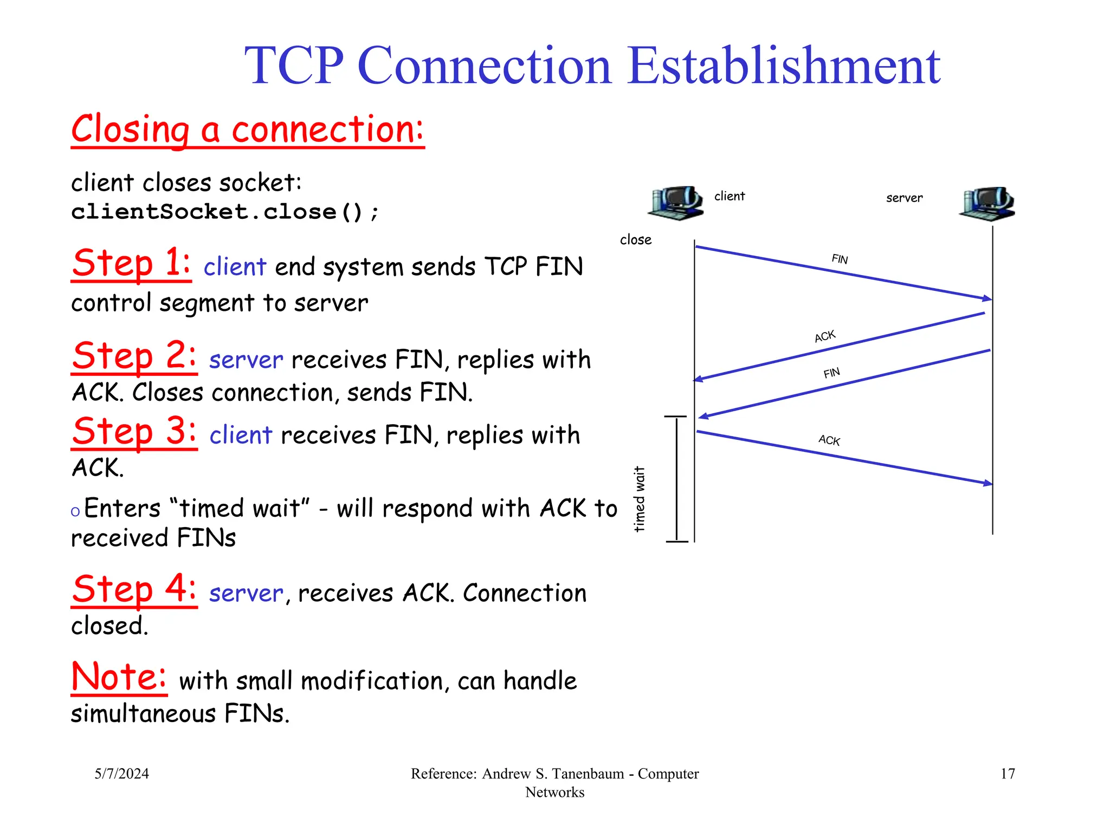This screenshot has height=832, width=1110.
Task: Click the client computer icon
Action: click(x=676, y=203)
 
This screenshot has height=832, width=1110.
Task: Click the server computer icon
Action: click(x=987, y=204)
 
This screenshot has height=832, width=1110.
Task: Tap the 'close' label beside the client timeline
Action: click(x=635, y=239)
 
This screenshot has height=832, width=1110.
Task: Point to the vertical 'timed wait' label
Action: click(x=640, y=499)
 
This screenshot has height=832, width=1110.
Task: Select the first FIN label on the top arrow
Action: click(x=840, y=259)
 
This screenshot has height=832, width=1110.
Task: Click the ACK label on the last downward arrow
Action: click(x=829, y=440)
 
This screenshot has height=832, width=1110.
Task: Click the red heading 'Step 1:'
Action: click(x=131, y=263)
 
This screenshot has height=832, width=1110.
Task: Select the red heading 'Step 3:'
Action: click(x=134, y=432)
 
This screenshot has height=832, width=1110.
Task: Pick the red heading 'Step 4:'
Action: click(x=134, y=589)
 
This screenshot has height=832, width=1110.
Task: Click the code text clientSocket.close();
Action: click(x=224, y=212)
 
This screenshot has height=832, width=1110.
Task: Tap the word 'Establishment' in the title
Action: click(x=784, y=66)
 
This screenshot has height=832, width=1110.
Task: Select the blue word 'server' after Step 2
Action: click(x=246, y=360)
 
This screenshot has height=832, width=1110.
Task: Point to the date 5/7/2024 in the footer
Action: click(x=121, y=773)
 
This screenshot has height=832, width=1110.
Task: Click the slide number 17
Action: click(x=1007, y=773)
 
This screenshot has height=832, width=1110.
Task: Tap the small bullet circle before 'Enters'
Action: click(x=75, y=511)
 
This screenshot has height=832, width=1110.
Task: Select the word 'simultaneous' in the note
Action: click(x=144, y=713)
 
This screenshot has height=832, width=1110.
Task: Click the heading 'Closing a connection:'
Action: click(x=248, y=130)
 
